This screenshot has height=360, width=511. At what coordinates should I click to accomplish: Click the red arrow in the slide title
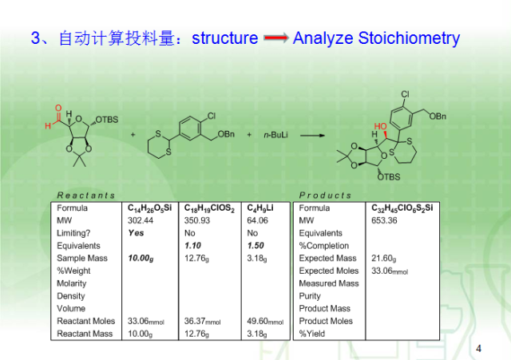pos(275,38)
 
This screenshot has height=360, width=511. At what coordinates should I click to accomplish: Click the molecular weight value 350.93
pos(197,220)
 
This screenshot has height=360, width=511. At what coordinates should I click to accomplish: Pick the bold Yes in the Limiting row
pos(136,233)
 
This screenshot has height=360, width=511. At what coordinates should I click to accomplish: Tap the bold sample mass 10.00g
pos(141,259)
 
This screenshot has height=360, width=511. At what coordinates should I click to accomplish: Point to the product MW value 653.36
pos(384,220)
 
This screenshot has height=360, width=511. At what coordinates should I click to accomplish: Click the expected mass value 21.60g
pos(383,259)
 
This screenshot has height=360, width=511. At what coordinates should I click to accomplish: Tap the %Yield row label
pos(313,334)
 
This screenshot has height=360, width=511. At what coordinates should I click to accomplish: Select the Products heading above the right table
pos(325,195)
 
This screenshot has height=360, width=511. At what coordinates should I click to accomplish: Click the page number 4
pos(478,348)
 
